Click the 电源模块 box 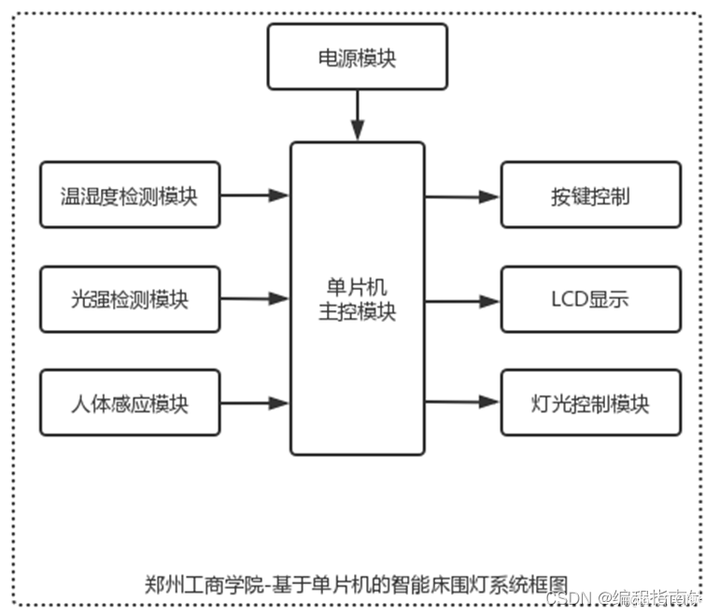(357, 57)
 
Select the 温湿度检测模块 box (130, 195)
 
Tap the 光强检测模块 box (130, 299)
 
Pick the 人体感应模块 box (130, 403)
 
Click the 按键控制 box (590, 195)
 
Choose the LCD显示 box (590, 299)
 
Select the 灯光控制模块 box (590, 403)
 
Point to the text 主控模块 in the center (357, 312)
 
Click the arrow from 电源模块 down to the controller (357, 117)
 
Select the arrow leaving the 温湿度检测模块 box (255, 195)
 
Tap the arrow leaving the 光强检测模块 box (255, 299)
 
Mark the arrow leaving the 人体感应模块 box (255, 403)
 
